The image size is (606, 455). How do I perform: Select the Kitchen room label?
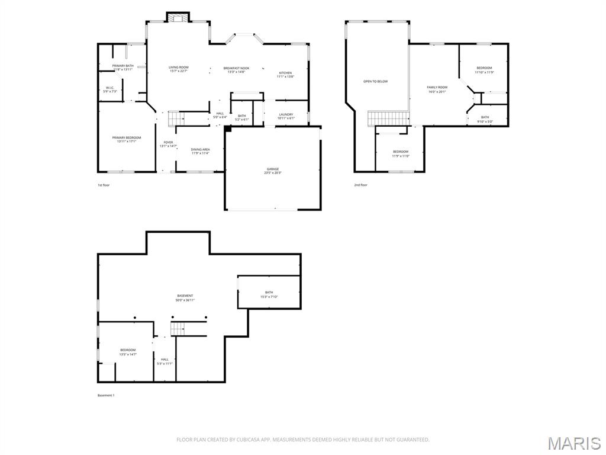click(x=285, y=75)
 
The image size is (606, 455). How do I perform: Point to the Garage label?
click(x=272, y=171)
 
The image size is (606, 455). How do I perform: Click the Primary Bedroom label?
click(x=127, y=139)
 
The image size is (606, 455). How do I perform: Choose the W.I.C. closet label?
click(x=110, y=89)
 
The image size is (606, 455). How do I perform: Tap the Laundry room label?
click(x=286, y=116)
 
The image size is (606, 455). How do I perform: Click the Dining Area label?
click(x=200, y=151)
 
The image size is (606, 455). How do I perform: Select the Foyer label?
click(x=169, y=144)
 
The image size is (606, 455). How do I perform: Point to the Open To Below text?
click(x=375, y=81)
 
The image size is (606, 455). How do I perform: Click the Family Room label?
click(x=437, y=89)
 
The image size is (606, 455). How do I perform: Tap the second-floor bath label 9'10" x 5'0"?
click(x=485, y=119)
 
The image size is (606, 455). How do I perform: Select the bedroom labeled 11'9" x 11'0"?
click(x=401, y=154)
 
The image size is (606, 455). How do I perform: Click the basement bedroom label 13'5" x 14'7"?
click(x=128, y=352)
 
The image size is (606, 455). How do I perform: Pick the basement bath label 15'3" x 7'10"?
click(x=269, y=294)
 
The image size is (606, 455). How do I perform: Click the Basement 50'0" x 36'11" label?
click(x=185, y=297)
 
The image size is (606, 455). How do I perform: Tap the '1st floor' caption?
click(x=104, y=185)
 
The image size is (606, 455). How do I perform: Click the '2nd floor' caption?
click(x=360, y=185)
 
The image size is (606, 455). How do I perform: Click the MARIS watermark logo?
click(x=574, y=443)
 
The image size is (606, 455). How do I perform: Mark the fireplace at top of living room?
click(x=177, y=17)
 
